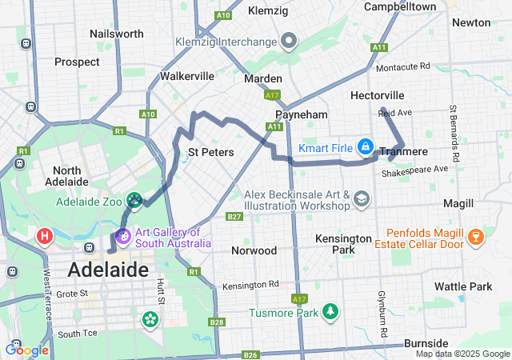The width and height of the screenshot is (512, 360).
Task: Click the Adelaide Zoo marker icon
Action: coord(134,199)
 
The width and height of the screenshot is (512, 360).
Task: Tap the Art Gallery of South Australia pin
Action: coord(123,236)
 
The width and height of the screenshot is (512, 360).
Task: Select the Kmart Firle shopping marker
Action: coord(365,146)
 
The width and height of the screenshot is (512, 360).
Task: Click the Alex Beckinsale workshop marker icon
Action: coord(362,198)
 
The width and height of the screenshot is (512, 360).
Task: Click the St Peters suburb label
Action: coord(210,151)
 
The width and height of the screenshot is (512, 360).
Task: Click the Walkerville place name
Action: coord(187,76)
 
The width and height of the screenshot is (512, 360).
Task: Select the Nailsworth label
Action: coord(117,34)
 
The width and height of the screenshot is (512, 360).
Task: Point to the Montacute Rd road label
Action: coord(403,66)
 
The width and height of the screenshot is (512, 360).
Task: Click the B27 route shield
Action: coord(234,216)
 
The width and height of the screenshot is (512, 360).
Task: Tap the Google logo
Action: coord(26,350)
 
